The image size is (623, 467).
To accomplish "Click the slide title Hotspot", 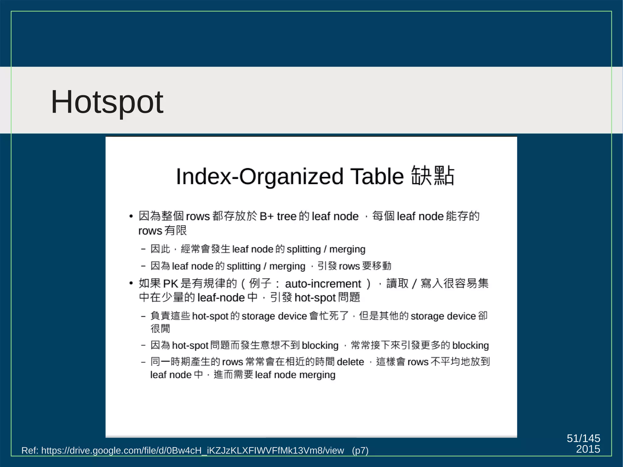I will click(107, 102).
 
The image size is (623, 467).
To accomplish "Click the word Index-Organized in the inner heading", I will click(259, 176).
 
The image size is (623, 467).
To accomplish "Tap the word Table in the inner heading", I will click(377, 176).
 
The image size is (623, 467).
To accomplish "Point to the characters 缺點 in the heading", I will click(433, 176).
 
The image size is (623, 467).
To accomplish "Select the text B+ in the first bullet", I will click(267, 216).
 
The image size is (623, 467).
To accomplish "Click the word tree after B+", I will click(287, 216).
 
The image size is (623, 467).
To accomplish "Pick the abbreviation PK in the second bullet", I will click(170, 284).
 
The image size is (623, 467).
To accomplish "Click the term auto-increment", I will click(323, 284).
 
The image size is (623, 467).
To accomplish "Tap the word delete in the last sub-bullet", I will click(350, 362).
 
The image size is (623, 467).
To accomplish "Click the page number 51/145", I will click(583, 438).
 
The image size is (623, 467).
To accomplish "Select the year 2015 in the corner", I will click(588, 449).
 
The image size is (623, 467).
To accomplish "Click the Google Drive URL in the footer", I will click(192, 450).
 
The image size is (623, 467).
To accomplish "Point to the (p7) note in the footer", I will click(360, 450).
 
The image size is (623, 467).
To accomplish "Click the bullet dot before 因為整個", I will click(131, 216).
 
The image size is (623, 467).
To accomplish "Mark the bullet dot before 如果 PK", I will click(131, 284).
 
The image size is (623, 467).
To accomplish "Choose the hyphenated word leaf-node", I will click(221, 298).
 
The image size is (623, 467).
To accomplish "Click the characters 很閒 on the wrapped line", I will click(160, 329).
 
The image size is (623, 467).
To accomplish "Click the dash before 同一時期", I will click(143, 362).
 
